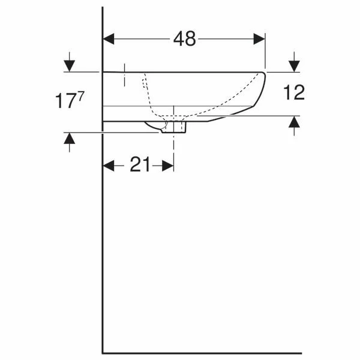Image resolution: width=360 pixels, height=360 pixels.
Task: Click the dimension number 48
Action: click(185, 39)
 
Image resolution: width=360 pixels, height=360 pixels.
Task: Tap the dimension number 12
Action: click(294, 92)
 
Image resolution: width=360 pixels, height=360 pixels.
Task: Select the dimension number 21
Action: click(140, 164)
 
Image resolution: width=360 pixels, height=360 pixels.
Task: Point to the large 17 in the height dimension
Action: click(65, 101)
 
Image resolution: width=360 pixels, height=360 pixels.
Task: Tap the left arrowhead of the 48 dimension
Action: click(109, 39)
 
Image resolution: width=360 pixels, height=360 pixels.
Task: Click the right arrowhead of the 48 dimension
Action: click(259, 39)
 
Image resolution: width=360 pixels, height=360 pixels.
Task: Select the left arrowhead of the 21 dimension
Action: click(109, 166)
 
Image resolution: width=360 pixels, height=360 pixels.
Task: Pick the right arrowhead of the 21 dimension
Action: click(168, 166)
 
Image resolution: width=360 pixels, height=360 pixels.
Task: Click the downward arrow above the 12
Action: click(294, 62)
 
